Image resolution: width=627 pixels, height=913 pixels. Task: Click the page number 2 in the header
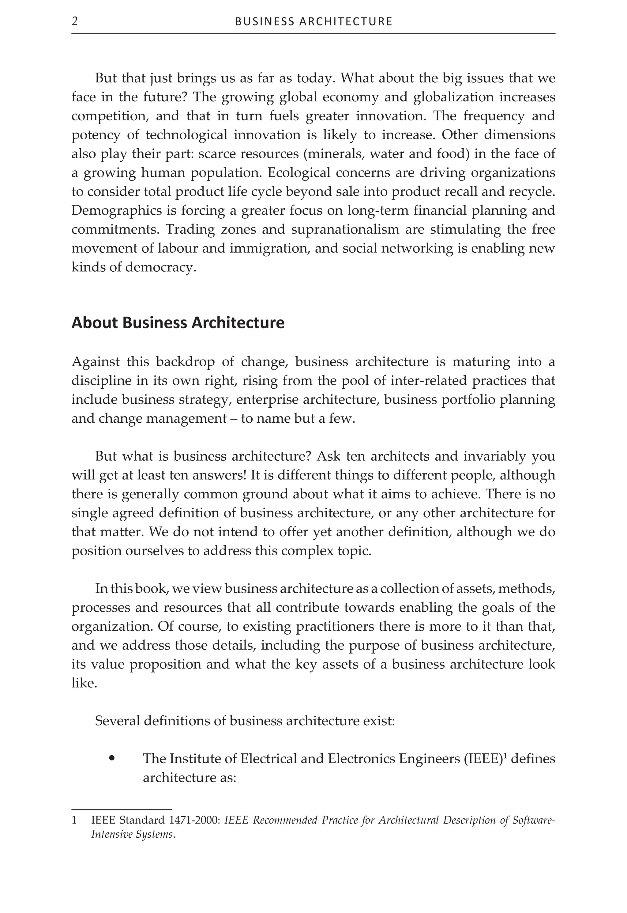[x=75, y=21]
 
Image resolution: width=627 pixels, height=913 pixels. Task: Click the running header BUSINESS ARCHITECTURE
[x=313, y=22]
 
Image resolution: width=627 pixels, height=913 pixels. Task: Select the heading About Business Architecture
[x=178, y=323]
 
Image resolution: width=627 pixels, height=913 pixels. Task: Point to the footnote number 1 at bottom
[x=73, y=821]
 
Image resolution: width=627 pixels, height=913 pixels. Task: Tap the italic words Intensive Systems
[x=133, y=834]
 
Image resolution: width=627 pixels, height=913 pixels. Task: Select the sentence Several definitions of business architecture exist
[x=245, y=721]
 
